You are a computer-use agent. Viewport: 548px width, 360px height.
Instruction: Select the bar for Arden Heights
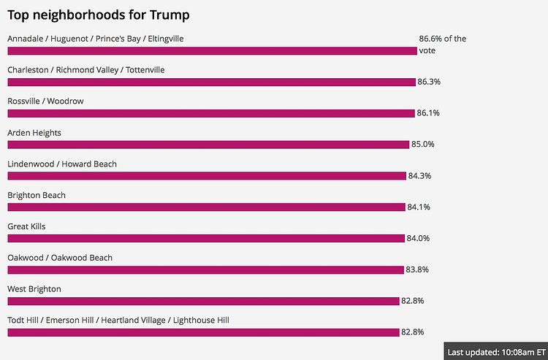(x=208, y=145)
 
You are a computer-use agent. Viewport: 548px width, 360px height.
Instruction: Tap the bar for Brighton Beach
(x=206, y=207)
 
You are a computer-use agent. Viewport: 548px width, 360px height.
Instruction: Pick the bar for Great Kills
(x=206, y=239)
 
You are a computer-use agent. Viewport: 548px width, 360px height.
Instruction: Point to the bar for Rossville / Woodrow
(x=211, y=113)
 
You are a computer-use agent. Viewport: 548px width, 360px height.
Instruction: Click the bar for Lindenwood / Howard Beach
(x=207, y=176)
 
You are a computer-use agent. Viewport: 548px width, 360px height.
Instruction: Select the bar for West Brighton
(x=203, y=301)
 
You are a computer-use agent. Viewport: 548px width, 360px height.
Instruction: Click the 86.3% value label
(x=429, y=82)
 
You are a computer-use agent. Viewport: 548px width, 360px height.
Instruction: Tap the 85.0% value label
(x=423, y=145)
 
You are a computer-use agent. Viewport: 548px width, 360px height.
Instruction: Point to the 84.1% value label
(x=419, y=207)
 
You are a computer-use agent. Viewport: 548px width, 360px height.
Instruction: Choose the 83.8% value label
(x=417, y=269)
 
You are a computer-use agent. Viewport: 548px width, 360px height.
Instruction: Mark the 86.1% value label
(x=428, y=113)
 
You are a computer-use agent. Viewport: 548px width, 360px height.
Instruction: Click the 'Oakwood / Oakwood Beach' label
(x=60, y=258)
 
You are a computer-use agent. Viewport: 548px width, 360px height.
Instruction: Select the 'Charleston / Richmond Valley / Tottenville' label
(x=86, y=70)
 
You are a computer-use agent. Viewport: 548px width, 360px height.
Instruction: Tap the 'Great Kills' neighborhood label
(x=26, y=226)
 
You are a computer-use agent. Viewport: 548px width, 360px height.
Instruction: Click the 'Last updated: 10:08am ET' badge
(x=495, y=351)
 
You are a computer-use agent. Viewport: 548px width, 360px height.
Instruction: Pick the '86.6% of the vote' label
(x=442, y=45)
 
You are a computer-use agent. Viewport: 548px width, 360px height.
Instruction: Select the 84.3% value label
(x=420, y=176)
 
